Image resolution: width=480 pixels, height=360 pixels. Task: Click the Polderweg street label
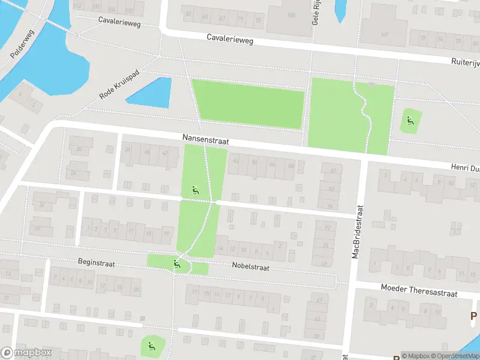23,45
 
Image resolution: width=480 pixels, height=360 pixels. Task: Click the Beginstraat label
96,263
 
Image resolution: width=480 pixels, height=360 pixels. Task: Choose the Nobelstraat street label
250,266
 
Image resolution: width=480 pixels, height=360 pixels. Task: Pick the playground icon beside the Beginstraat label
176,263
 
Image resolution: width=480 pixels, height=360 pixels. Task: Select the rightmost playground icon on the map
410,119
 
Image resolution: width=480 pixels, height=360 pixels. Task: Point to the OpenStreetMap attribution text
456,356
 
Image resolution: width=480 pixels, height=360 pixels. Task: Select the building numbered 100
292,15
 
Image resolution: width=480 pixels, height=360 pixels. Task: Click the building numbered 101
384,34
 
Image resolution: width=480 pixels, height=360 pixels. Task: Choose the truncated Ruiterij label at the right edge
466,62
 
